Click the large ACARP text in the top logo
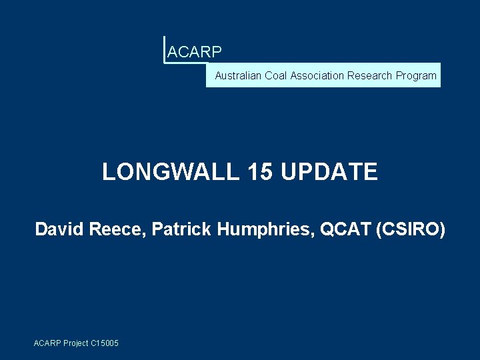pyautogui.click(x=195, y=51)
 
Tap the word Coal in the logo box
pyautogui.click(x=276, y=76)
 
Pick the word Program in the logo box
pyautogui.click(x=416, y=76)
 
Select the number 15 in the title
pyautogui.click(x=259, y=172)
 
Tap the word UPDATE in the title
pyautogui.click(x=329, y=172)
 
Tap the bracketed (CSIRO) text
pyautogui.click(x=410, y=230)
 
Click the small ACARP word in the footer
pyautogui.click(x=47, y=343)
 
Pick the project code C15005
pyautogui.click(x=105, y=343)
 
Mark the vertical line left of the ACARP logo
pyautogui.click(x=164, y=49)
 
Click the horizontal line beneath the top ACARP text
pyautogui.click(x=184, y=63)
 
